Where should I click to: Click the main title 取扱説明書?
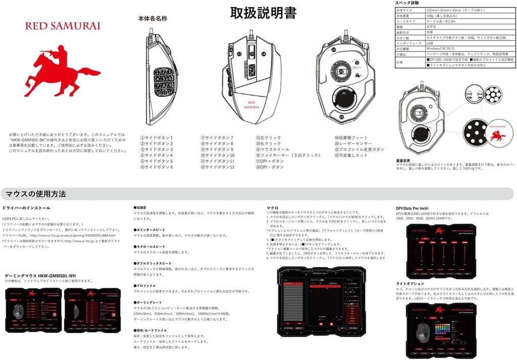(x=263, y=13)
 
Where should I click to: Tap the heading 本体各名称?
(x=152, y=19)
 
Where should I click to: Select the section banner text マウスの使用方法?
(x=36, y=194)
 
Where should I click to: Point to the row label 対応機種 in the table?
(x=404, y=48)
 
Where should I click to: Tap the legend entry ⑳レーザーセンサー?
(x=353, y=143)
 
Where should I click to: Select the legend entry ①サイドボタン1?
(x=157, y=137)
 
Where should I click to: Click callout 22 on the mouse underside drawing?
(x=344, y=93)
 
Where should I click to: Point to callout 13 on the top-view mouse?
(x=239, y=54)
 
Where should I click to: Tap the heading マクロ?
(x=273, y=208)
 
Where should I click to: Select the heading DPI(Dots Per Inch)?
(x=412, y=208)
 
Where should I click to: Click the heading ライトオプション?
(x=410, y=284)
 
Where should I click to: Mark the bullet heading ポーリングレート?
(x=147, y=302)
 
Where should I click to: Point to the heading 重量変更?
(x=404, y=161)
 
